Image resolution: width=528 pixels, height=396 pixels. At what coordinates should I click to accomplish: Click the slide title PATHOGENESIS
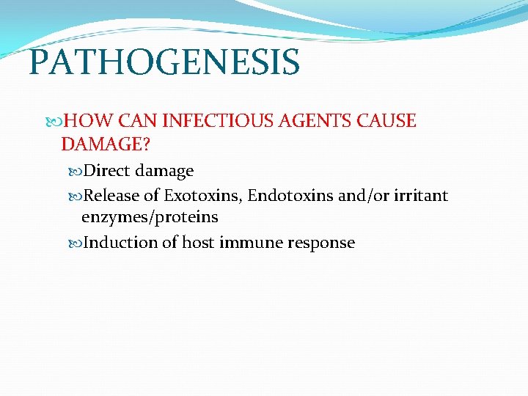(164, 62)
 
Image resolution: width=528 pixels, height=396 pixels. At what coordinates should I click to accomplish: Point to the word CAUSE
(388, 121)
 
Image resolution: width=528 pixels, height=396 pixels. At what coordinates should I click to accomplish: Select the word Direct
(107, 171)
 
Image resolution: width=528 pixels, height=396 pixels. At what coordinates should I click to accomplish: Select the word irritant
(422, 196)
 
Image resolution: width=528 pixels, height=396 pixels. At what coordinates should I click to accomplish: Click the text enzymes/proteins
(150, 218)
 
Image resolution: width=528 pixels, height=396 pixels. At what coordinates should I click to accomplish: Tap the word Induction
(121, 243)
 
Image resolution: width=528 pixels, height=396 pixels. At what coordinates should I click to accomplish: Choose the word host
(199, 243)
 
